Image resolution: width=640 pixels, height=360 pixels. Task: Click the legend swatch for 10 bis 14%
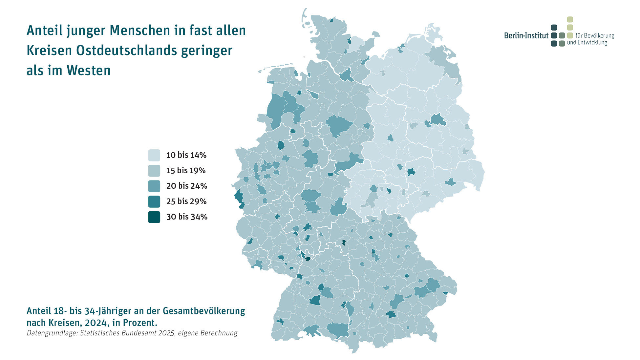[154, 155]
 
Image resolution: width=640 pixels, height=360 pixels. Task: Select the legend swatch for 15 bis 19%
[154, 171]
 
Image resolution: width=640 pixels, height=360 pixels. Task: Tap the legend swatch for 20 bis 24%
[154, 186]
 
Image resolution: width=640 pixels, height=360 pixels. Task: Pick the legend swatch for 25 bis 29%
[154, 201]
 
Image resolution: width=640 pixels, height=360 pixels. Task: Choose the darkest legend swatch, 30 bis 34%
[154, 217]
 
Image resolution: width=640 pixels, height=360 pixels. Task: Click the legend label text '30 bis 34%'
[187, 217]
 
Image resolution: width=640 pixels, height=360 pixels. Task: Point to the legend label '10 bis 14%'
[186, 155]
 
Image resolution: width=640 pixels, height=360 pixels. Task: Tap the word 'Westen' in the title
[89, 71]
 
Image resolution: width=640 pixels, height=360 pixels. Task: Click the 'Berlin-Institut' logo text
[526, 35]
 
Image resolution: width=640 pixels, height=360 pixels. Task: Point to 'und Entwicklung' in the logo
[587, 43]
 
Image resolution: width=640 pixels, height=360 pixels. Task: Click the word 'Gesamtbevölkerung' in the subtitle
[204, 311]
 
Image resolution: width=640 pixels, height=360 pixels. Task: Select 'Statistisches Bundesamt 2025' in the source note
[127, 333]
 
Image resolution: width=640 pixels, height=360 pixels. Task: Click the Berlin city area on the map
[437, 120]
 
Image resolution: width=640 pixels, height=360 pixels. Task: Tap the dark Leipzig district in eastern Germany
[411, 172]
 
